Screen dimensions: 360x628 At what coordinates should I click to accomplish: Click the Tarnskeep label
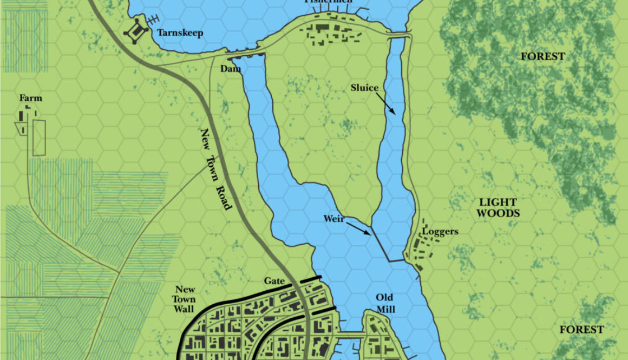(x=180, y=34)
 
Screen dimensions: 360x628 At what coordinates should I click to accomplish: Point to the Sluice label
(x=364, y=88)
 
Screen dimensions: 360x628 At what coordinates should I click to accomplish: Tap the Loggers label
(x=440, y=232)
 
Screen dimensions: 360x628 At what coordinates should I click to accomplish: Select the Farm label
(x=31, y=99)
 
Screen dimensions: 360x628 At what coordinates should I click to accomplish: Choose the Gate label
(x=274, y=282)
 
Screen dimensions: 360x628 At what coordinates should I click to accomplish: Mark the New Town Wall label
(x=185, y=299)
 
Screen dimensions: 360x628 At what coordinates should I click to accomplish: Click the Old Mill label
(x=385, y=303)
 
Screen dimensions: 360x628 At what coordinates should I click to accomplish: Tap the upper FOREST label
(x=542, y=56)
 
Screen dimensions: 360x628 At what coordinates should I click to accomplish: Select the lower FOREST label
(x=581, y=330)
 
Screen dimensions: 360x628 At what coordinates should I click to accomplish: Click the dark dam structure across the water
(x=245, y=55)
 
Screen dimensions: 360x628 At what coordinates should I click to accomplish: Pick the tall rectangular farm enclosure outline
(x=39, y=138)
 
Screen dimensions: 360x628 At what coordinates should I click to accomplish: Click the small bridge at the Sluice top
(x=400, y=35)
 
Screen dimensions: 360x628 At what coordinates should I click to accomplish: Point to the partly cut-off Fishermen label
(x=328, y=2)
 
